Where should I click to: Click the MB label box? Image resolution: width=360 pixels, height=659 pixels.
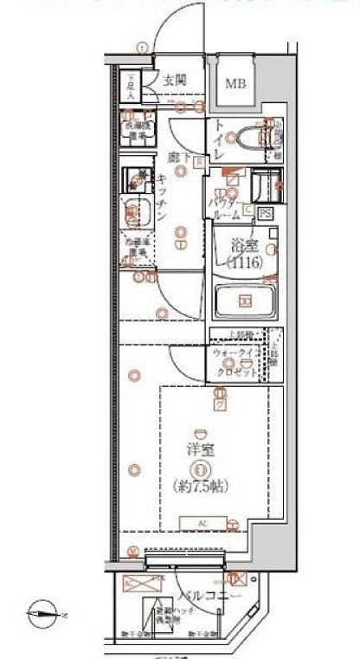235,84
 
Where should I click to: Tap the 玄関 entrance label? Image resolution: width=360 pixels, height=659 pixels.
176,80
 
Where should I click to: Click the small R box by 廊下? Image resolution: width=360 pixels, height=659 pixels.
199,161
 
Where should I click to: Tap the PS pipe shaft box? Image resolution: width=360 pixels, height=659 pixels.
267,211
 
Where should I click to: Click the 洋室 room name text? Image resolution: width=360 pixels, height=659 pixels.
200,451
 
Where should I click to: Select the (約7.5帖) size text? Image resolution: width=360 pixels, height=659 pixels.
200,486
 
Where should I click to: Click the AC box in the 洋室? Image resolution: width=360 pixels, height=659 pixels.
200,522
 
